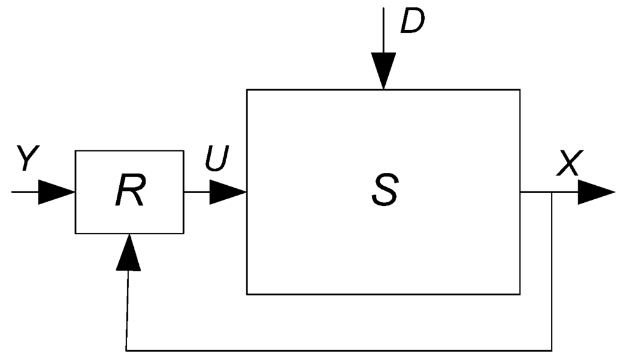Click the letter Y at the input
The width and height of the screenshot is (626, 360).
[x=28, y=160]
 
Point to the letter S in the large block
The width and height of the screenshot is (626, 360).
[x=384, y=191]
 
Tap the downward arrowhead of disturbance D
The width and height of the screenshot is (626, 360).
[x=383, y=70]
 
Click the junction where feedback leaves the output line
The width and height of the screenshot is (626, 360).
[x=553, y=192]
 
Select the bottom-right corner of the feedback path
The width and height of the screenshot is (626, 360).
[x=553, y=351]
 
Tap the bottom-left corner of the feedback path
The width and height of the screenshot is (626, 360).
[x=127, y=351]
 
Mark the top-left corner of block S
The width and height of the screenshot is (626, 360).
[x=247, y=90]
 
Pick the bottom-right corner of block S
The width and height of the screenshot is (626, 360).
[x=520, y=294]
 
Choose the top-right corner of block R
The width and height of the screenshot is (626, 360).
[x=183, y=150]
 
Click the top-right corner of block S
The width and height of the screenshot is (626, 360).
[x=520, y=90]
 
